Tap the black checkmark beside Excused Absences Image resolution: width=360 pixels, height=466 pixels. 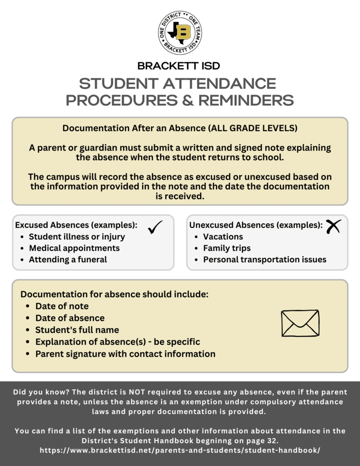(155, 226)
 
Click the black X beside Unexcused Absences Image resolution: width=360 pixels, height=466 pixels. (333, 226)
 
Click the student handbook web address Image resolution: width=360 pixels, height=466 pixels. (180, 450)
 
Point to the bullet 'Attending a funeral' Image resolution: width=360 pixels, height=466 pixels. (68, 259)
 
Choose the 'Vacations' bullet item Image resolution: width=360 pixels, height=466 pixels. (223, 237)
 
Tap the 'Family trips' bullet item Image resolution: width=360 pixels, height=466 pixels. (227, 248)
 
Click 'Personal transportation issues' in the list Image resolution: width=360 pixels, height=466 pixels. (264, 259)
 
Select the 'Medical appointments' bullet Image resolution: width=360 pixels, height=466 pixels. (74, 248)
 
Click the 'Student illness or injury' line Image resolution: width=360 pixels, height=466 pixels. (77, 237)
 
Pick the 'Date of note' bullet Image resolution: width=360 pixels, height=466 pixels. (62, 306)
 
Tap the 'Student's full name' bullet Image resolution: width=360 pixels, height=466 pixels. (77, 330)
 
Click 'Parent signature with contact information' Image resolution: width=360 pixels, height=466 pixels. (125, 354)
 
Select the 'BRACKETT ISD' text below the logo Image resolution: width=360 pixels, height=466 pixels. (179, 66)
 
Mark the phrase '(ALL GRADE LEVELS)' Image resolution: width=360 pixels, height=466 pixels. (253, 128)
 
